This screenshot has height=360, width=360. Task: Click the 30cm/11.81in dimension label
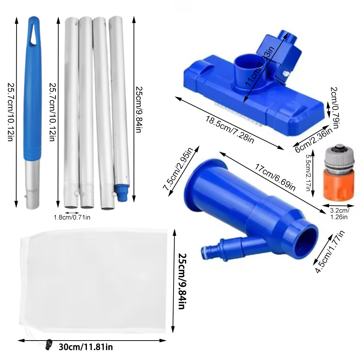pyautogui.click(x=86, y=347)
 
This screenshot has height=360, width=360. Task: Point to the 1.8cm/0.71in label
pyautogui.click(x=72, y=217)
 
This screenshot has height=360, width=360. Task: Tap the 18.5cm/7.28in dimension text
pyautogui.click(x=230, y=130)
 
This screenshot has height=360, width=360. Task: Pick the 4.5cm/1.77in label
pyautogui.click(x=330, y=252)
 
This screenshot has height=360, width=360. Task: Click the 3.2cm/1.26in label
pyautogui.click(x=339, y=214)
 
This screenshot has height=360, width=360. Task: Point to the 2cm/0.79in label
pyautogui.click(x=334, y=108)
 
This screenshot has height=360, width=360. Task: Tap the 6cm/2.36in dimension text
pyautogui.click(x=314, y=140)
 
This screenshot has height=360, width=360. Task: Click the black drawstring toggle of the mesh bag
pyautogui.click(x=49, y=344)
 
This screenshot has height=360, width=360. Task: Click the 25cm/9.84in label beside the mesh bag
pyautogui.click(x=183, y=281)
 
